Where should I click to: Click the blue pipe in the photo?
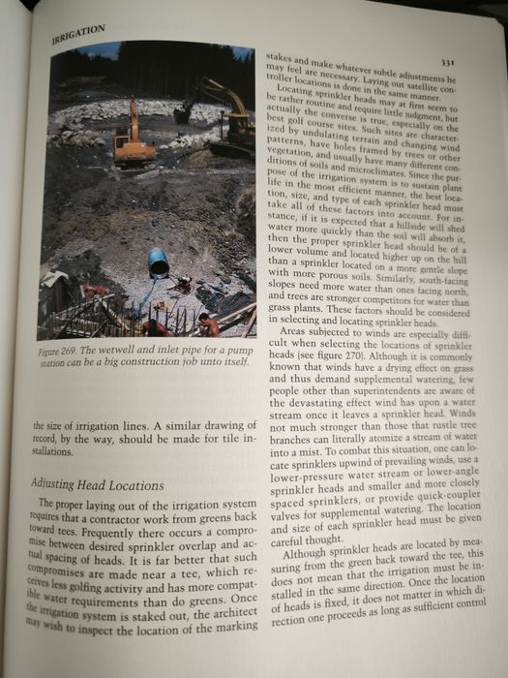(x=158, y=262)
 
